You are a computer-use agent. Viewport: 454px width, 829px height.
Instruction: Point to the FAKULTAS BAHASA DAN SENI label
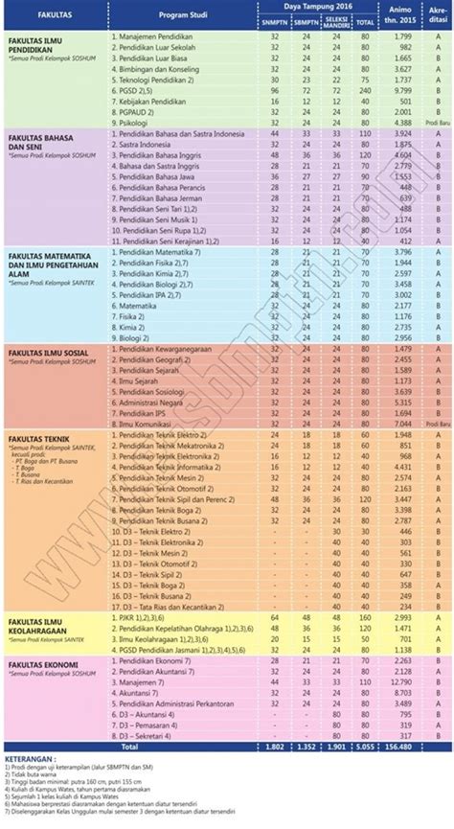point(42,146)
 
